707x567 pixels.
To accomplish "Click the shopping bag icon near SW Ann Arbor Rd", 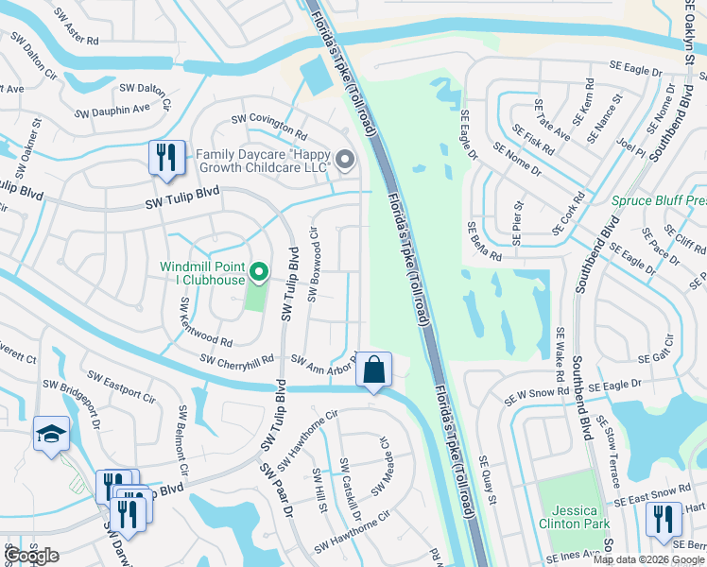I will point(374,369).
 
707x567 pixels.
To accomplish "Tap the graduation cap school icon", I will point(51,434).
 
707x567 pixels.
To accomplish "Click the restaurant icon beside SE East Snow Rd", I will point(664,519).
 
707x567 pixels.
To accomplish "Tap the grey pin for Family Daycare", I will point(345,161).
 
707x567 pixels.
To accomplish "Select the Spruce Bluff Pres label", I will point(658,200).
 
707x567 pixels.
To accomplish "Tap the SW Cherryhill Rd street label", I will point(237,360).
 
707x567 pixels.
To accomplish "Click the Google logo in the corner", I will point(32,556).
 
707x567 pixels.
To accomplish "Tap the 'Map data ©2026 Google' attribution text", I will point(649,559).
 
